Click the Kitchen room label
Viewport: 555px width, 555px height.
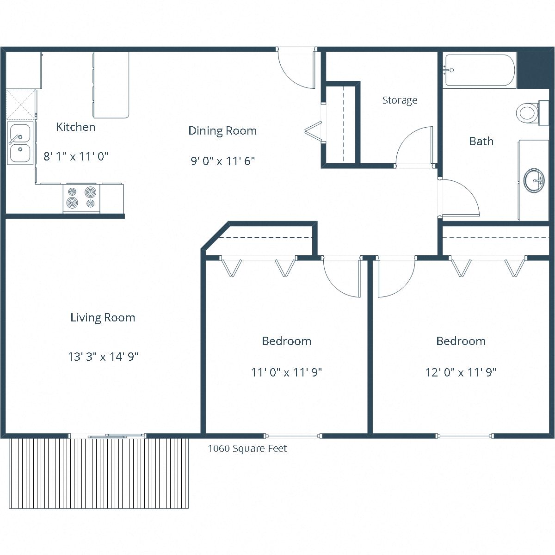point(75,127)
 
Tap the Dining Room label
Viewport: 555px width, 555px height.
point(222,131)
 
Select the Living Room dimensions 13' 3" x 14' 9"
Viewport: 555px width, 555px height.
point(103,357)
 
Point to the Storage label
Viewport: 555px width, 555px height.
point(400,100)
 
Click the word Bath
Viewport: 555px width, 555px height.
point(481,142)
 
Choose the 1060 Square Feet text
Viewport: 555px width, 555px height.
point(247,449)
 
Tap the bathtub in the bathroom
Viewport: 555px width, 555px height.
point(479,71)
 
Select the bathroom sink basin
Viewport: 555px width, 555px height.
point(535,180)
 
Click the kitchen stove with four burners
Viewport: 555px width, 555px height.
point(81,197)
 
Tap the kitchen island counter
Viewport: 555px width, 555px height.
point(111,85)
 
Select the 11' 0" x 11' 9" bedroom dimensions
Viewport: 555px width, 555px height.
point(286,372)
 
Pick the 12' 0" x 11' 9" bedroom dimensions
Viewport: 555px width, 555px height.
point(461,372)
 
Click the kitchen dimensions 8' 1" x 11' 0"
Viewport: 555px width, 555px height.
point(76,156)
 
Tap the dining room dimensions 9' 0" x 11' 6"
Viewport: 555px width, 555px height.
point(222,161)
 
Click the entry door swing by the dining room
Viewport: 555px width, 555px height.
point(296,69)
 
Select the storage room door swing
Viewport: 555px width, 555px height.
point(414,146)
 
